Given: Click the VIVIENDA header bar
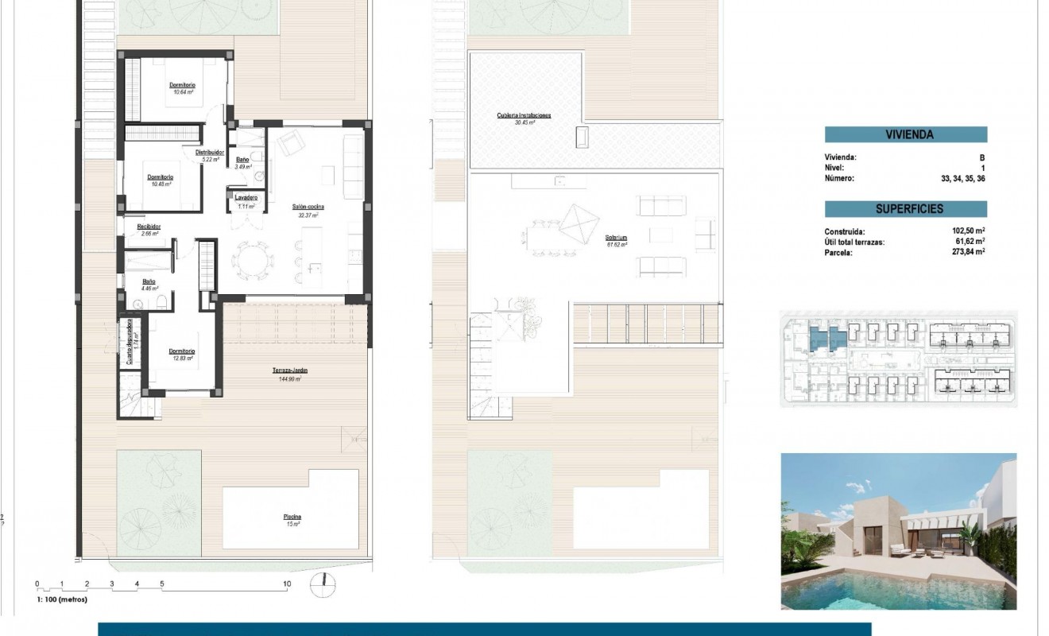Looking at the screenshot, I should [906, 135].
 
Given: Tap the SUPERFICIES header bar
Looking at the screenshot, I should [906, 209].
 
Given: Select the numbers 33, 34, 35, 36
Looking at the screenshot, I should [963, 179].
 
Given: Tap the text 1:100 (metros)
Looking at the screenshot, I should [62, 599].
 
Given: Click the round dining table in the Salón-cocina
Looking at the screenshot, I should [251, 259].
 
